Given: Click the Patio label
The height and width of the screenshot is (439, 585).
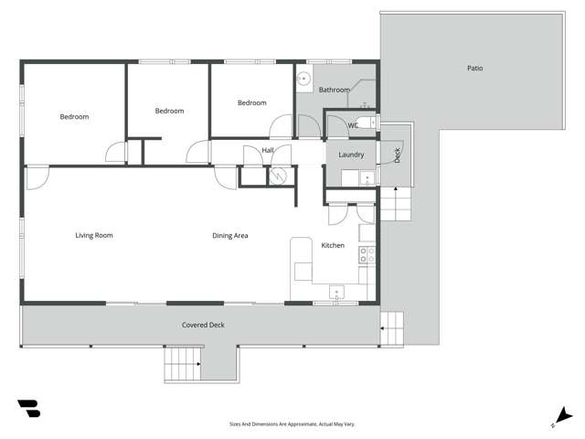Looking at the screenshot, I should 474,69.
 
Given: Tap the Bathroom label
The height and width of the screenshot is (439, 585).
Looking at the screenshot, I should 334,90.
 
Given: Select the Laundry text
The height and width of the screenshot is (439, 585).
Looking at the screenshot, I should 351,155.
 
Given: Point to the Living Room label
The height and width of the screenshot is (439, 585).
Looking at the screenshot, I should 94,235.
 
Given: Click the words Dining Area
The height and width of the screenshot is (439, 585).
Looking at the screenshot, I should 230,235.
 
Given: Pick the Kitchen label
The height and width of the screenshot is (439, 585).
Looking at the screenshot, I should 332,245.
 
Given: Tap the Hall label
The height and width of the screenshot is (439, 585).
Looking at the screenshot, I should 268,150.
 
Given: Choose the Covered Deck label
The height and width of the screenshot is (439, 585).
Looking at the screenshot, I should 203,325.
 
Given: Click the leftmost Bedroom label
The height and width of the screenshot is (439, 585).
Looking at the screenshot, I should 75,116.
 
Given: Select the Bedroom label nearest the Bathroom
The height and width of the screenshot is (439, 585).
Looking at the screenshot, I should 251,102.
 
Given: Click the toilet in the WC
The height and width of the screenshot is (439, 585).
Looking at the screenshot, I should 365,123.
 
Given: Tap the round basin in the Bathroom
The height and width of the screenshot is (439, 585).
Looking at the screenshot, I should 303,80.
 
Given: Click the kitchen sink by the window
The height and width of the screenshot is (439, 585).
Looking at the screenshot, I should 336,295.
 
